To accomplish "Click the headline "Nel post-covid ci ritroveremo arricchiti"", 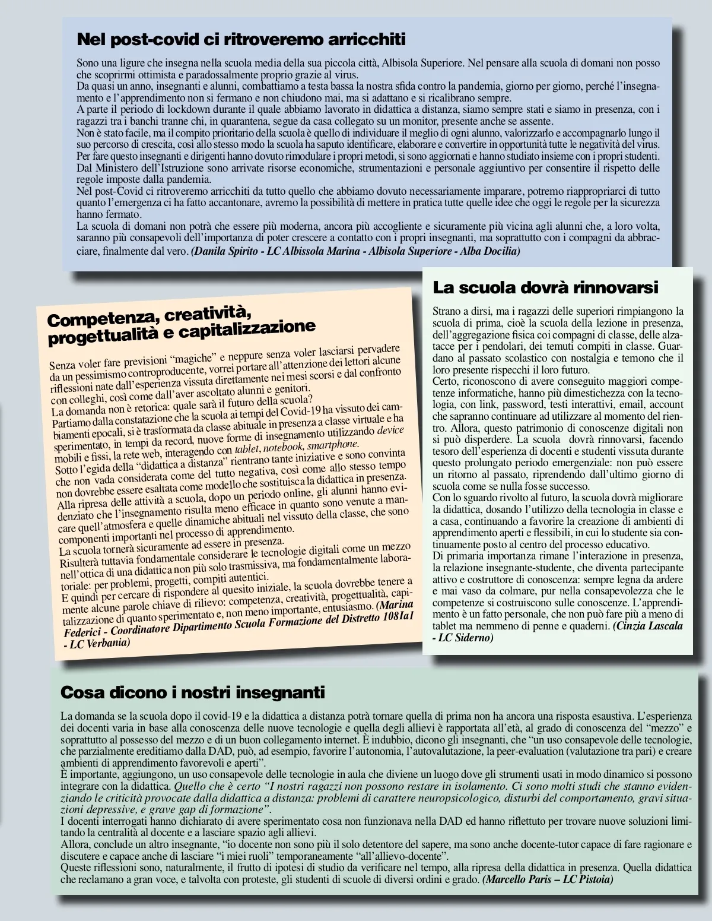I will [241, 40].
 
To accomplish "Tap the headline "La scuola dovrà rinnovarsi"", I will [545, 288].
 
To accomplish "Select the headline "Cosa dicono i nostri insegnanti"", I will [193, 692].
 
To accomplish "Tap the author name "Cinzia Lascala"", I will [649, 626].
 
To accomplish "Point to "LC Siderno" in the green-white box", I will [463, 638].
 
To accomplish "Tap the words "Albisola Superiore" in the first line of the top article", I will [421, 62].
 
